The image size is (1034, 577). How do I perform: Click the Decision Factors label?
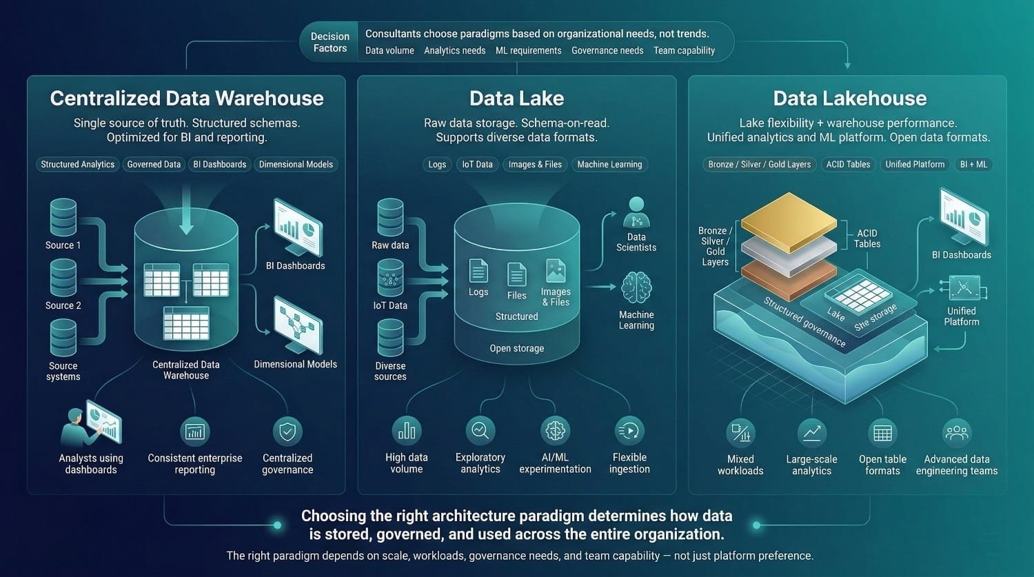click(x=330, y=42)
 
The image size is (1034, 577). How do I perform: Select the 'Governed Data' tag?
click(x=154, y=164)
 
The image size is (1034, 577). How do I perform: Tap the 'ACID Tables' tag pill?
click(x=848, y=164)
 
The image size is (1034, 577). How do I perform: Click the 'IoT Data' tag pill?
click(x=477, y=164)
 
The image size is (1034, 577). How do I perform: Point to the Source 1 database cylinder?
click(x=63, y=217)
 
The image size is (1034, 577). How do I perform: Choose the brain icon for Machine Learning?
click(x=636, y=289)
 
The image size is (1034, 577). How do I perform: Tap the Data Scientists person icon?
click(x=636, y=212)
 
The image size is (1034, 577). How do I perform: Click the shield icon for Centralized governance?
click(x=287, y=432)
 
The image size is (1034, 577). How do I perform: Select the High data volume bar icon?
click(x=407, y=431)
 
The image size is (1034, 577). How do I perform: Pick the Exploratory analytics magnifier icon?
click(x=480, y=431)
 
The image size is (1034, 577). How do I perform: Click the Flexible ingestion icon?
click(x=629, y=431)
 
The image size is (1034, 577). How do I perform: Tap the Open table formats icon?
click(x=882, y=433)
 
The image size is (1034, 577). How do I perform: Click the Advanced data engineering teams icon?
click(x=957, y=433)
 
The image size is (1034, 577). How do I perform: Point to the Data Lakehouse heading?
click(x=850, y=98)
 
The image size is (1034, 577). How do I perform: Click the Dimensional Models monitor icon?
click(x=297, y=323)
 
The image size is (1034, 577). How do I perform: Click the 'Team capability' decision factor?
click(x=684, y=50)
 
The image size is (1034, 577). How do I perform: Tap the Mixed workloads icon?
click(x=740, y=433)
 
